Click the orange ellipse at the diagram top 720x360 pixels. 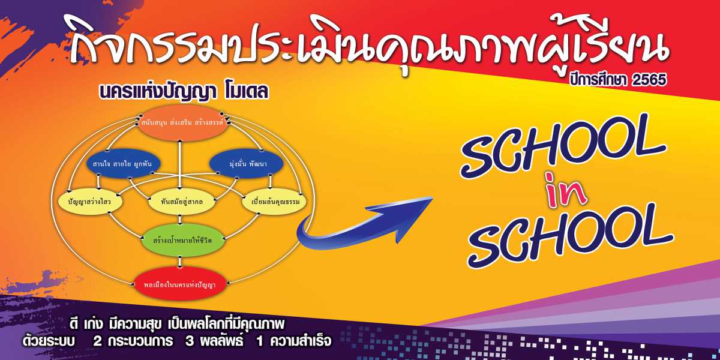pos(183,123)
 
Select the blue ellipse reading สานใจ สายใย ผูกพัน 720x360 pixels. pos(124,164)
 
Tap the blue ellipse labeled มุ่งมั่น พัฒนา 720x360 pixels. pos(246,164)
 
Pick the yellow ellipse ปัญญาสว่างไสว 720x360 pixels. pos(91,202)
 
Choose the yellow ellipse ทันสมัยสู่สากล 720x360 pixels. pos(182,202)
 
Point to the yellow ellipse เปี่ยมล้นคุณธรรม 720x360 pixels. pos(274,202)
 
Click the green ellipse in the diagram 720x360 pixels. pos(182,240)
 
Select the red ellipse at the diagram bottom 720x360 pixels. pos(179,285)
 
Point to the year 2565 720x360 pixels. pos(649,80)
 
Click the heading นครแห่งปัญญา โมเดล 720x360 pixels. pos(184,91)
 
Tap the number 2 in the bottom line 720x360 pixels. pos(97,341)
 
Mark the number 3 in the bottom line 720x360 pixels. pos(190,341)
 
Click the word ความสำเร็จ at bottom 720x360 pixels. pos(301,341)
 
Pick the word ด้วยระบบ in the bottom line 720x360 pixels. pos(48,341)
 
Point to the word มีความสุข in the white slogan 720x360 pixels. pos(134,325)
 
